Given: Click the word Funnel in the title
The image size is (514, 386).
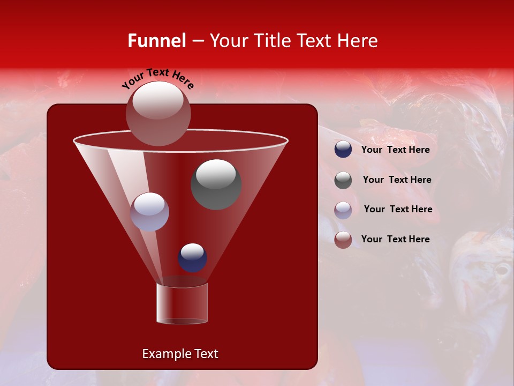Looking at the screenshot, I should pyautogui.click(x=156, y=41).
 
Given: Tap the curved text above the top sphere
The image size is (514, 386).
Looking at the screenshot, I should pyautogui.click(x=158, y=78).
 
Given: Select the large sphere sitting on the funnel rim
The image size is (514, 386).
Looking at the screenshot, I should pyautogui.click(x=158, y=113).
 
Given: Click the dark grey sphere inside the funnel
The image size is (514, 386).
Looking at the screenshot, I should pyautogui.click(x=216, y=184).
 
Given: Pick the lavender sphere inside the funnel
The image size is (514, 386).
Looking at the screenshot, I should pyautogui.click(x=149, y=212).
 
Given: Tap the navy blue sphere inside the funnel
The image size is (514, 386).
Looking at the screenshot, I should pyautogui.click(x=192, y=257).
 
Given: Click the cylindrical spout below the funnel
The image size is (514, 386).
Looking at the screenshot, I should pyautogui.click(x=182, y=303).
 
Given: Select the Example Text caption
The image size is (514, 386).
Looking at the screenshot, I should pyautogui.click(x=180, y=354).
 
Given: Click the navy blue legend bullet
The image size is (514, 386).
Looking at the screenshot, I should pyautogui.click(x=343, y=150).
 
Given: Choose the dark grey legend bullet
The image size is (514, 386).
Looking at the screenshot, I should pyautogui.click(x=343, y=180).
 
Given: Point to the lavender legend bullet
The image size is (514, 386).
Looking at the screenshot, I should pyautogui.click(x=343, y=210).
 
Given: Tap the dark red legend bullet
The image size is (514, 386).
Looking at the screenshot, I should pyautogui.click(x=343, y=240).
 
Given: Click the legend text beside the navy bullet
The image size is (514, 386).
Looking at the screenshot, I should pyautogui.click(x=395, y=150).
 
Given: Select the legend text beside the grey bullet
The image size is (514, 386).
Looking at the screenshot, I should pyautogui.click(x=397, y=180).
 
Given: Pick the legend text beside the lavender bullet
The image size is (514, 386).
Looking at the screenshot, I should pyautogui.click(x=398, y=210).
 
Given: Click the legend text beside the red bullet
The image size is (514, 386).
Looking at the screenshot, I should pyautogui.click(x=395, y=239).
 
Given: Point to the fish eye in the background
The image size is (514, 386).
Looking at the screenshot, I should pyautogui.click(x=502, y=269).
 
